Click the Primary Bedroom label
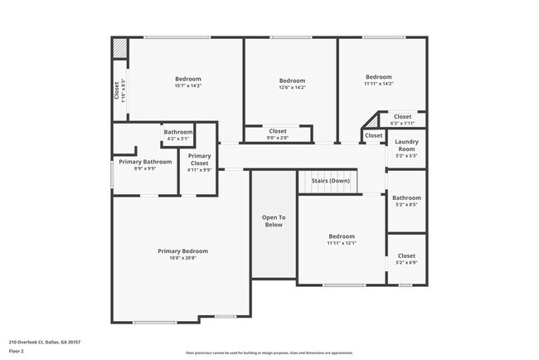point(182,251)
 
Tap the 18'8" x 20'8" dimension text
point(182,258)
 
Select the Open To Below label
point(274,221)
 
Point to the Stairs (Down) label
point(330,181)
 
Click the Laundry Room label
point(406,145)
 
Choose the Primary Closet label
point(199,160)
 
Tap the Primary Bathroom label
point(145,162)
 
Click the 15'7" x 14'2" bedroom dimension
point(188,85)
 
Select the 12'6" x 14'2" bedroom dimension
point(292,87)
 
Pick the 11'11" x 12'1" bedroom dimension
point(341,243)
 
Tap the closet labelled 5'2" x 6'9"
point(406,259)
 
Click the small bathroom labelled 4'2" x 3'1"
point(178,134)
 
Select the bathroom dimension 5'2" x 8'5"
point(406,205)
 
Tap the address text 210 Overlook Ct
point(45,342)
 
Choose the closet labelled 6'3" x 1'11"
point(403,119)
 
